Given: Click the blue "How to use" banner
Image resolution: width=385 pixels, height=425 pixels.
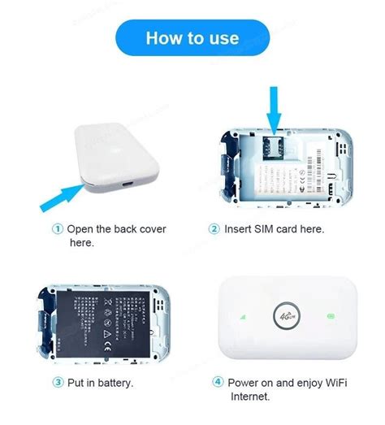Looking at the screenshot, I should point(192,38).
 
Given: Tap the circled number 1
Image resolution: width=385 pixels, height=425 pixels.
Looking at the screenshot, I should point(57,229).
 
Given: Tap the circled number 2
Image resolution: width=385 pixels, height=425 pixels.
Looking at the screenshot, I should point(214,229).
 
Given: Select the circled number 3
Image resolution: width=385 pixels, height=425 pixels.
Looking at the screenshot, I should point(58,382).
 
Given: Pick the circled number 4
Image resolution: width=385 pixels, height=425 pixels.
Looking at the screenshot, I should point(218,381).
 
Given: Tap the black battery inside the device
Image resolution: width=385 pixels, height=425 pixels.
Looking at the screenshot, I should point(110,320).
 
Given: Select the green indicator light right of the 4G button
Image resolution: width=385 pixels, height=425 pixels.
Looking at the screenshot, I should point(330,315).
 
